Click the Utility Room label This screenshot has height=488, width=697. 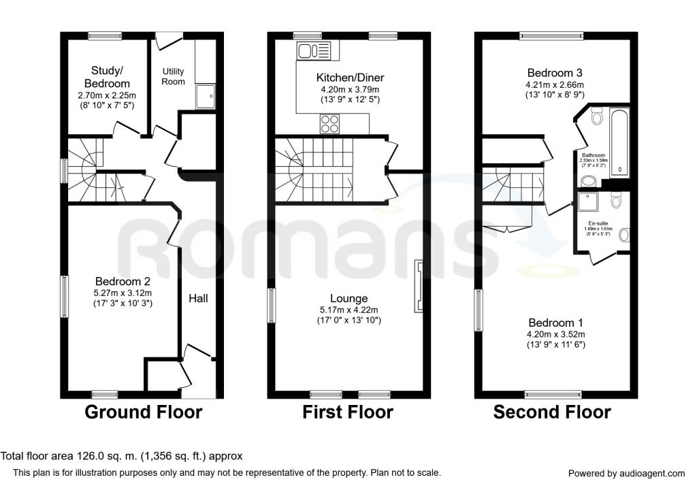coord(173,76)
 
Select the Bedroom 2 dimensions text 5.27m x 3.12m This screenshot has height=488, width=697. coord(123,293)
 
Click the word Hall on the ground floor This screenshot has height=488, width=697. coord(198,298)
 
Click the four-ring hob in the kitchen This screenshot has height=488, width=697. coord(330,124)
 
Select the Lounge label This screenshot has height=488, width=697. coord(348,298)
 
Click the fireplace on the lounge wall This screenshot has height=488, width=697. coord(419,286)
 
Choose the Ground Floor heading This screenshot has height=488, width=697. coord(143,412)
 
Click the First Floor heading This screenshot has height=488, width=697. coord(348,412)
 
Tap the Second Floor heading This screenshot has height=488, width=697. coord(552,412)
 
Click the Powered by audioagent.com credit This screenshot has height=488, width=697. coord(626,473)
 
